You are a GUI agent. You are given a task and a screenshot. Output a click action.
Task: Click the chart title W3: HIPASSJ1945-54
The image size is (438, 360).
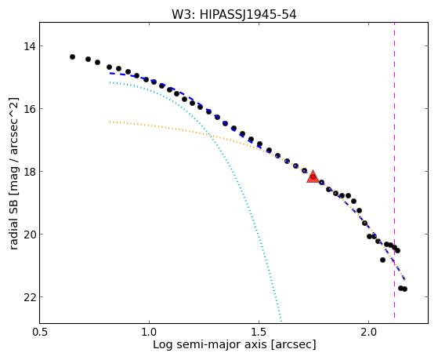[x=233, y=15]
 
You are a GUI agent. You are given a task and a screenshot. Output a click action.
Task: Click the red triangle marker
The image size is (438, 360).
[x=313, y=176]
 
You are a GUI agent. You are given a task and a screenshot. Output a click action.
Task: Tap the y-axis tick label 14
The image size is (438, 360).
[x=30, y=45]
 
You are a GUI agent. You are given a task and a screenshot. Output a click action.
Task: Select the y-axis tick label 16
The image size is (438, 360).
[x=30, y=108]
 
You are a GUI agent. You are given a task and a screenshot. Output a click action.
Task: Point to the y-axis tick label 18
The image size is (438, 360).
[x=30, y=172]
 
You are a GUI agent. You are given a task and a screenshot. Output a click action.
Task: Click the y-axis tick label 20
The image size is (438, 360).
[x=30, y=235]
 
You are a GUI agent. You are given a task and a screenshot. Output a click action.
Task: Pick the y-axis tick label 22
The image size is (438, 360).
[x=30, y=297]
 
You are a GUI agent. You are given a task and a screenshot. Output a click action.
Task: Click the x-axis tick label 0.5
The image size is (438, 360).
[x=40, y=333]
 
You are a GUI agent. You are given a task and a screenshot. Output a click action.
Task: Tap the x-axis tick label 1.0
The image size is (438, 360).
[x=150, y=333]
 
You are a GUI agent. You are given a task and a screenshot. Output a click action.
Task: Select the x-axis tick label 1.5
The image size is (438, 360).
[x=259, y=333]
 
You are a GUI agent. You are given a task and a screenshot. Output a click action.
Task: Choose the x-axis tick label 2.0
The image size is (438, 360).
[x=369, y=333]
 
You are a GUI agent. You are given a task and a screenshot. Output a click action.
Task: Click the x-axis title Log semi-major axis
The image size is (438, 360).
[x=210, y=345]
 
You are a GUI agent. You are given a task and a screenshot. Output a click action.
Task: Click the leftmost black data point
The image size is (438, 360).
[x=72, y=56]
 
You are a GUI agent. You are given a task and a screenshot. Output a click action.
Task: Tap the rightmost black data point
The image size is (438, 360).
[x=404, y=289]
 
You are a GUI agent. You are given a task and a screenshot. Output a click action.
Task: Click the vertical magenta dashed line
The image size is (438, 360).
[x=394, y=170]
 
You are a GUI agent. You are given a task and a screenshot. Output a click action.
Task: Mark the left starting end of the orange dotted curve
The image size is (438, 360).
[x=110, y=122]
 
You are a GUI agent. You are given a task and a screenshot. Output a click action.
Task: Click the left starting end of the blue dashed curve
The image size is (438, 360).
[x=110, y=73]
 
